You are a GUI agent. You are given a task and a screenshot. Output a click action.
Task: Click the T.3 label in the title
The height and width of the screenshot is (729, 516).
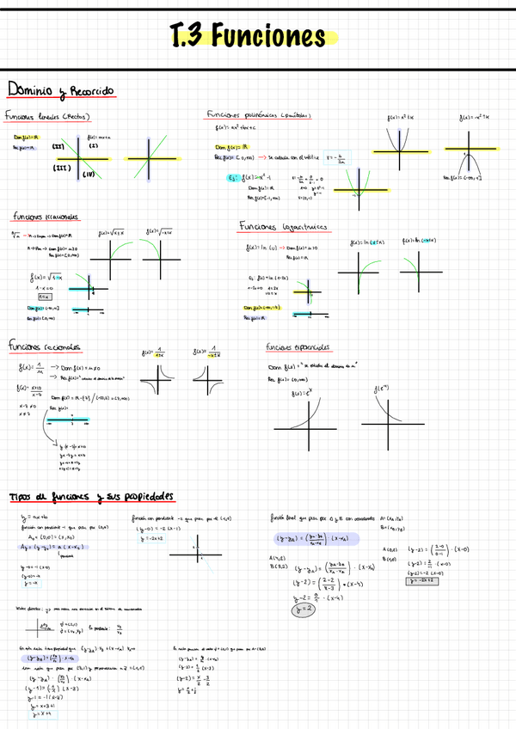(188, 37)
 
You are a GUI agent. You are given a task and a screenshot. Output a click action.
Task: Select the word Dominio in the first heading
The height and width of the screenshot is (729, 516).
(30, 90)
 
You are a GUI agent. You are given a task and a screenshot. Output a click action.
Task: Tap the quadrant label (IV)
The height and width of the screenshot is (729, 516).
(87, 175)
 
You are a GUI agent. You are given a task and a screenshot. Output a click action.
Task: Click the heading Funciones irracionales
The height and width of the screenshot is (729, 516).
(45, 217)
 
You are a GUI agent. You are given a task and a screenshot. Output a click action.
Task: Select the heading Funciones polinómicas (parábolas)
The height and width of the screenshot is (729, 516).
(258, 114)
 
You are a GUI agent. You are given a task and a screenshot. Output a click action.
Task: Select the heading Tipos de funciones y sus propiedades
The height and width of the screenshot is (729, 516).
(90, 497)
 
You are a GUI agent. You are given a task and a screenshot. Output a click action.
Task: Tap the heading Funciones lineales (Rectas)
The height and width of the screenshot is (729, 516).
(48, 116)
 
